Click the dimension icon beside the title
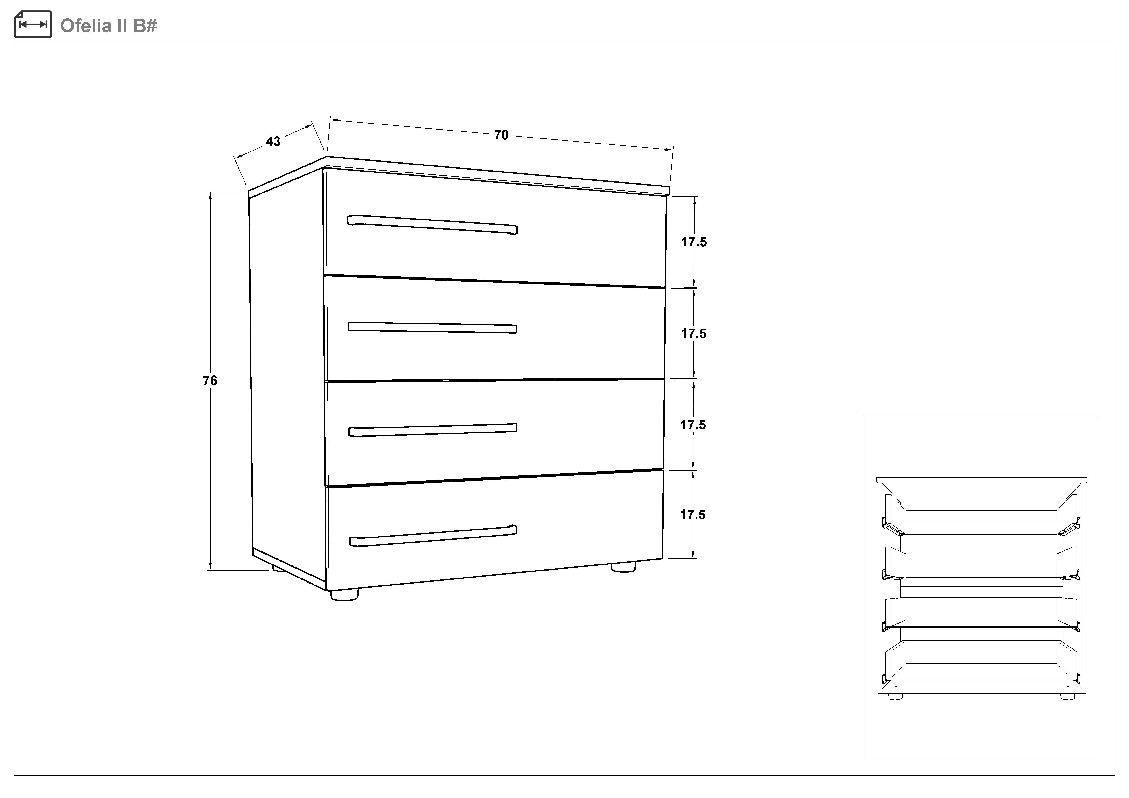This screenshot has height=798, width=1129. [x=33, y=24]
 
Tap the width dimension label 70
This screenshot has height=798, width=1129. [x=501, y=135]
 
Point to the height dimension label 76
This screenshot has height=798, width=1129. [x=210, y=380]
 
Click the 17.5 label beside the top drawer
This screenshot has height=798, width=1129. [x=694, y=242]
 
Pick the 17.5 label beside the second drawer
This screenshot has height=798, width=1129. [x=693, y=334]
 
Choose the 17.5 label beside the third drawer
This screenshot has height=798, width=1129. [x=693, y=425]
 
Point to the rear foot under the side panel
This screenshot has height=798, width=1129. [x=278, y=569]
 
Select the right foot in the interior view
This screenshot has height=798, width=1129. [x=1067, y=696]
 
